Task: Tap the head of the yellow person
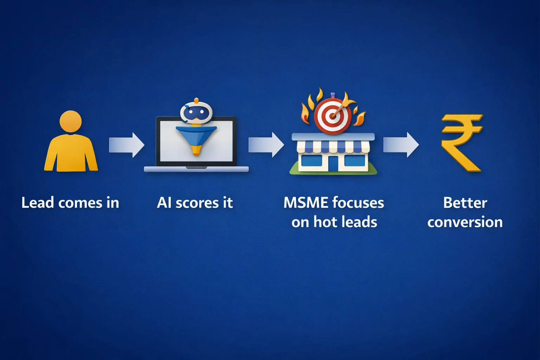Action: point(71,121)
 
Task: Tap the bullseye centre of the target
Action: point(332,115)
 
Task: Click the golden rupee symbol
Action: point(462,142)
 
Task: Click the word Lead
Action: point(38,203)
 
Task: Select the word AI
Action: point(164,203)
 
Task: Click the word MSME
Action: point(306,203)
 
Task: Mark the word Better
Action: point(465,203)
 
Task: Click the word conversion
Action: point(465,223)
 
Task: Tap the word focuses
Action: point(358,203)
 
